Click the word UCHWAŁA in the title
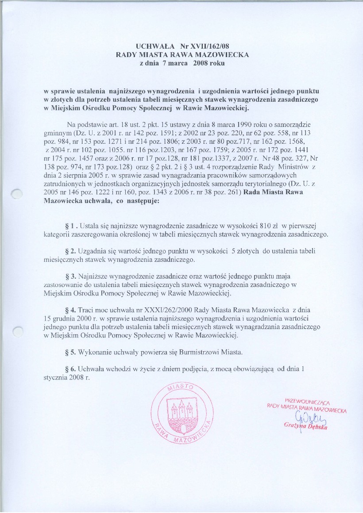pyautogui.click(x=151, y=46)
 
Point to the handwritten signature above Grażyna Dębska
pyautogui.click(x=306, y=418)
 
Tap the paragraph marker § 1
pyautogui.click(x=70, y=227)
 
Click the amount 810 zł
pyautogui.click(x=266, y=227)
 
